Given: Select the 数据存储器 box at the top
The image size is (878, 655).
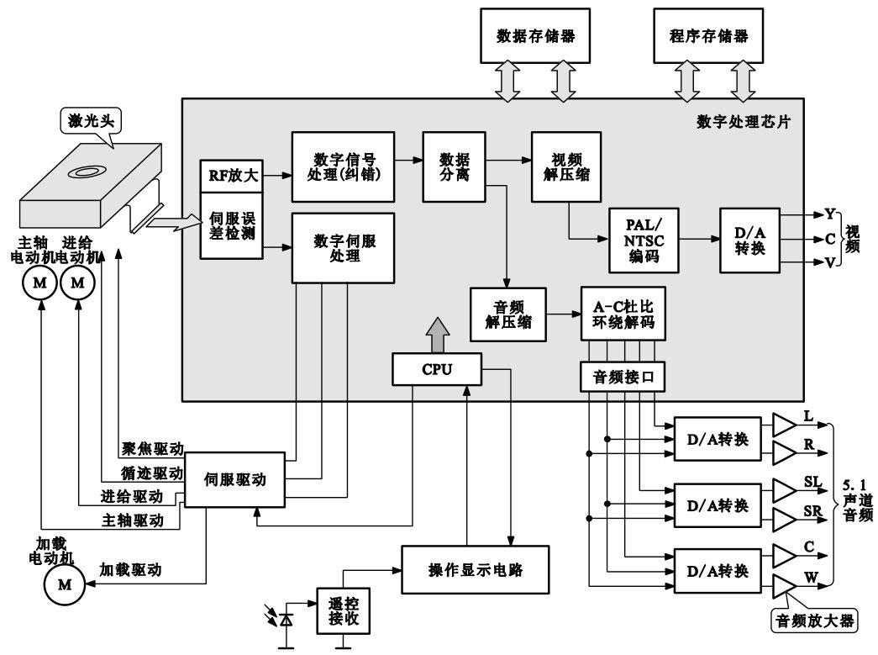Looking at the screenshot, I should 535,37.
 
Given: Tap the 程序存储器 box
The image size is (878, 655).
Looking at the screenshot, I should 708,37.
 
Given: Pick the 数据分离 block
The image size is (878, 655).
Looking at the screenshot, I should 455,166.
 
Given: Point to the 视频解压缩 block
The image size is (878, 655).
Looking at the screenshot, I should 565,167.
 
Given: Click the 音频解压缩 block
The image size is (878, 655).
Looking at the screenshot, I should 508,312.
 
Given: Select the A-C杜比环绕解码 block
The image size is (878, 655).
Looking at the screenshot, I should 623,313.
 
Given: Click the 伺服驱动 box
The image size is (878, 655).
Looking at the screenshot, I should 235,480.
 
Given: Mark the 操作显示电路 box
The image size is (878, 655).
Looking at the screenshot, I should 475,569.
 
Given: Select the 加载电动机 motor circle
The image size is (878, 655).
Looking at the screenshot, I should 64,581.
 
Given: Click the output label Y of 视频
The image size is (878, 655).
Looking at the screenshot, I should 830,214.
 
